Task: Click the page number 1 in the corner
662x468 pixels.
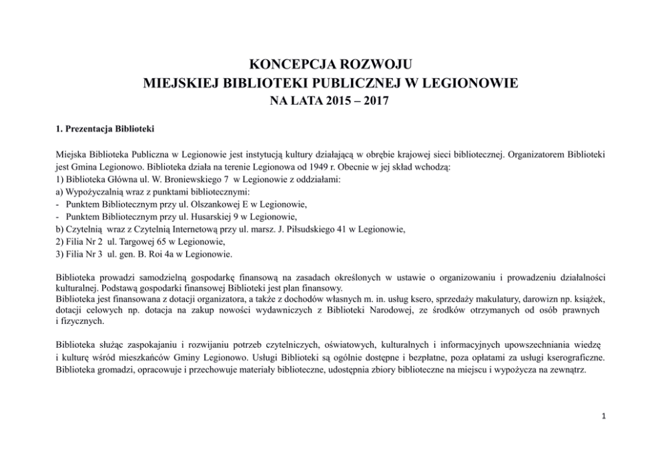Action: click(604, 416)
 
